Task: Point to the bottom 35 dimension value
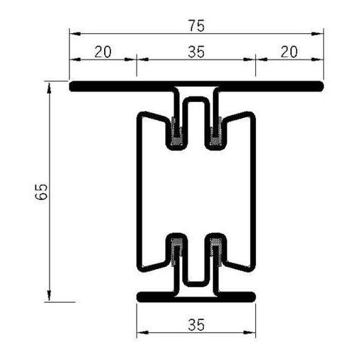pyautogui.click(x=197, y=325)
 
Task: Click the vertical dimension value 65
pyautogui.click(x=42, y=192)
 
